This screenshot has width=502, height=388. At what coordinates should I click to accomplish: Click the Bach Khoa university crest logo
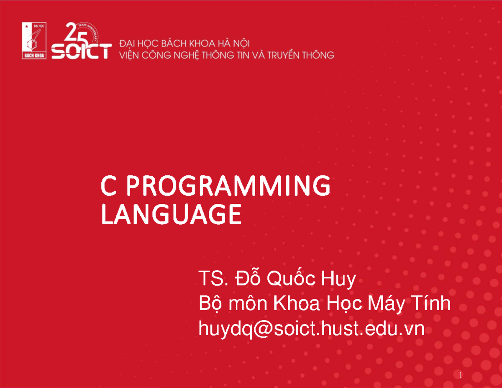pos(34,41)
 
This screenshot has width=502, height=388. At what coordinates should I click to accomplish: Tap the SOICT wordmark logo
pos(81,51)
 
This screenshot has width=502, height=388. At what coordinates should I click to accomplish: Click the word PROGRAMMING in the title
pos(228,187)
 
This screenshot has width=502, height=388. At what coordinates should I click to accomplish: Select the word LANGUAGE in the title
pos(172,215)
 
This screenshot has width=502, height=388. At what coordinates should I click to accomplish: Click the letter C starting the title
pos(108,187)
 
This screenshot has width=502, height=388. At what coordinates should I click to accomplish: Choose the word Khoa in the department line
pos(293,304)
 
